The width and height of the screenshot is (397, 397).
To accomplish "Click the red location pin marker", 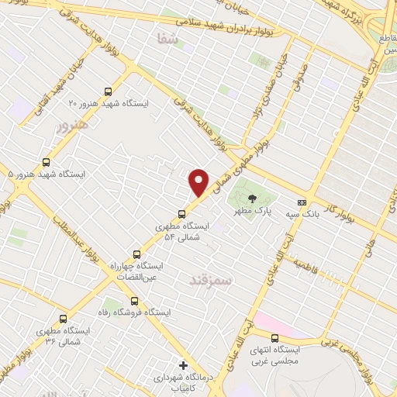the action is (199, 182).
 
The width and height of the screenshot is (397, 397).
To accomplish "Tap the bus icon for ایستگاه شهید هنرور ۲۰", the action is (118, 89).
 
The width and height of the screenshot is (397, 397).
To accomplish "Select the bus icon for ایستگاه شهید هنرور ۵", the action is (47, 162).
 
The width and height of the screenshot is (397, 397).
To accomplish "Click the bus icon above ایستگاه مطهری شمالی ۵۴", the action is (182, 215).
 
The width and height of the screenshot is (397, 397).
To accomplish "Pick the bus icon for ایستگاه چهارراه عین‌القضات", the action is (137, 254).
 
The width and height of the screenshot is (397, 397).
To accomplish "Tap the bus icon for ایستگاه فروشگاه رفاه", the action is (134, 300).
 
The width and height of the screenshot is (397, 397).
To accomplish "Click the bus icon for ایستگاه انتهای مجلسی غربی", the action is (274, 338).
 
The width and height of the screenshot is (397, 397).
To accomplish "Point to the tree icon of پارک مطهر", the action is (251, 198).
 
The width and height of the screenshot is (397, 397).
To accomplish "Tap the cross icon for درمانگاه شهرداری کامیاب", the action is (183, 364).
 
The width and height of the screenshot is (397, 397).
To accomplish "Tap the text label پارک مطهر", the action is (251, 211).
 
